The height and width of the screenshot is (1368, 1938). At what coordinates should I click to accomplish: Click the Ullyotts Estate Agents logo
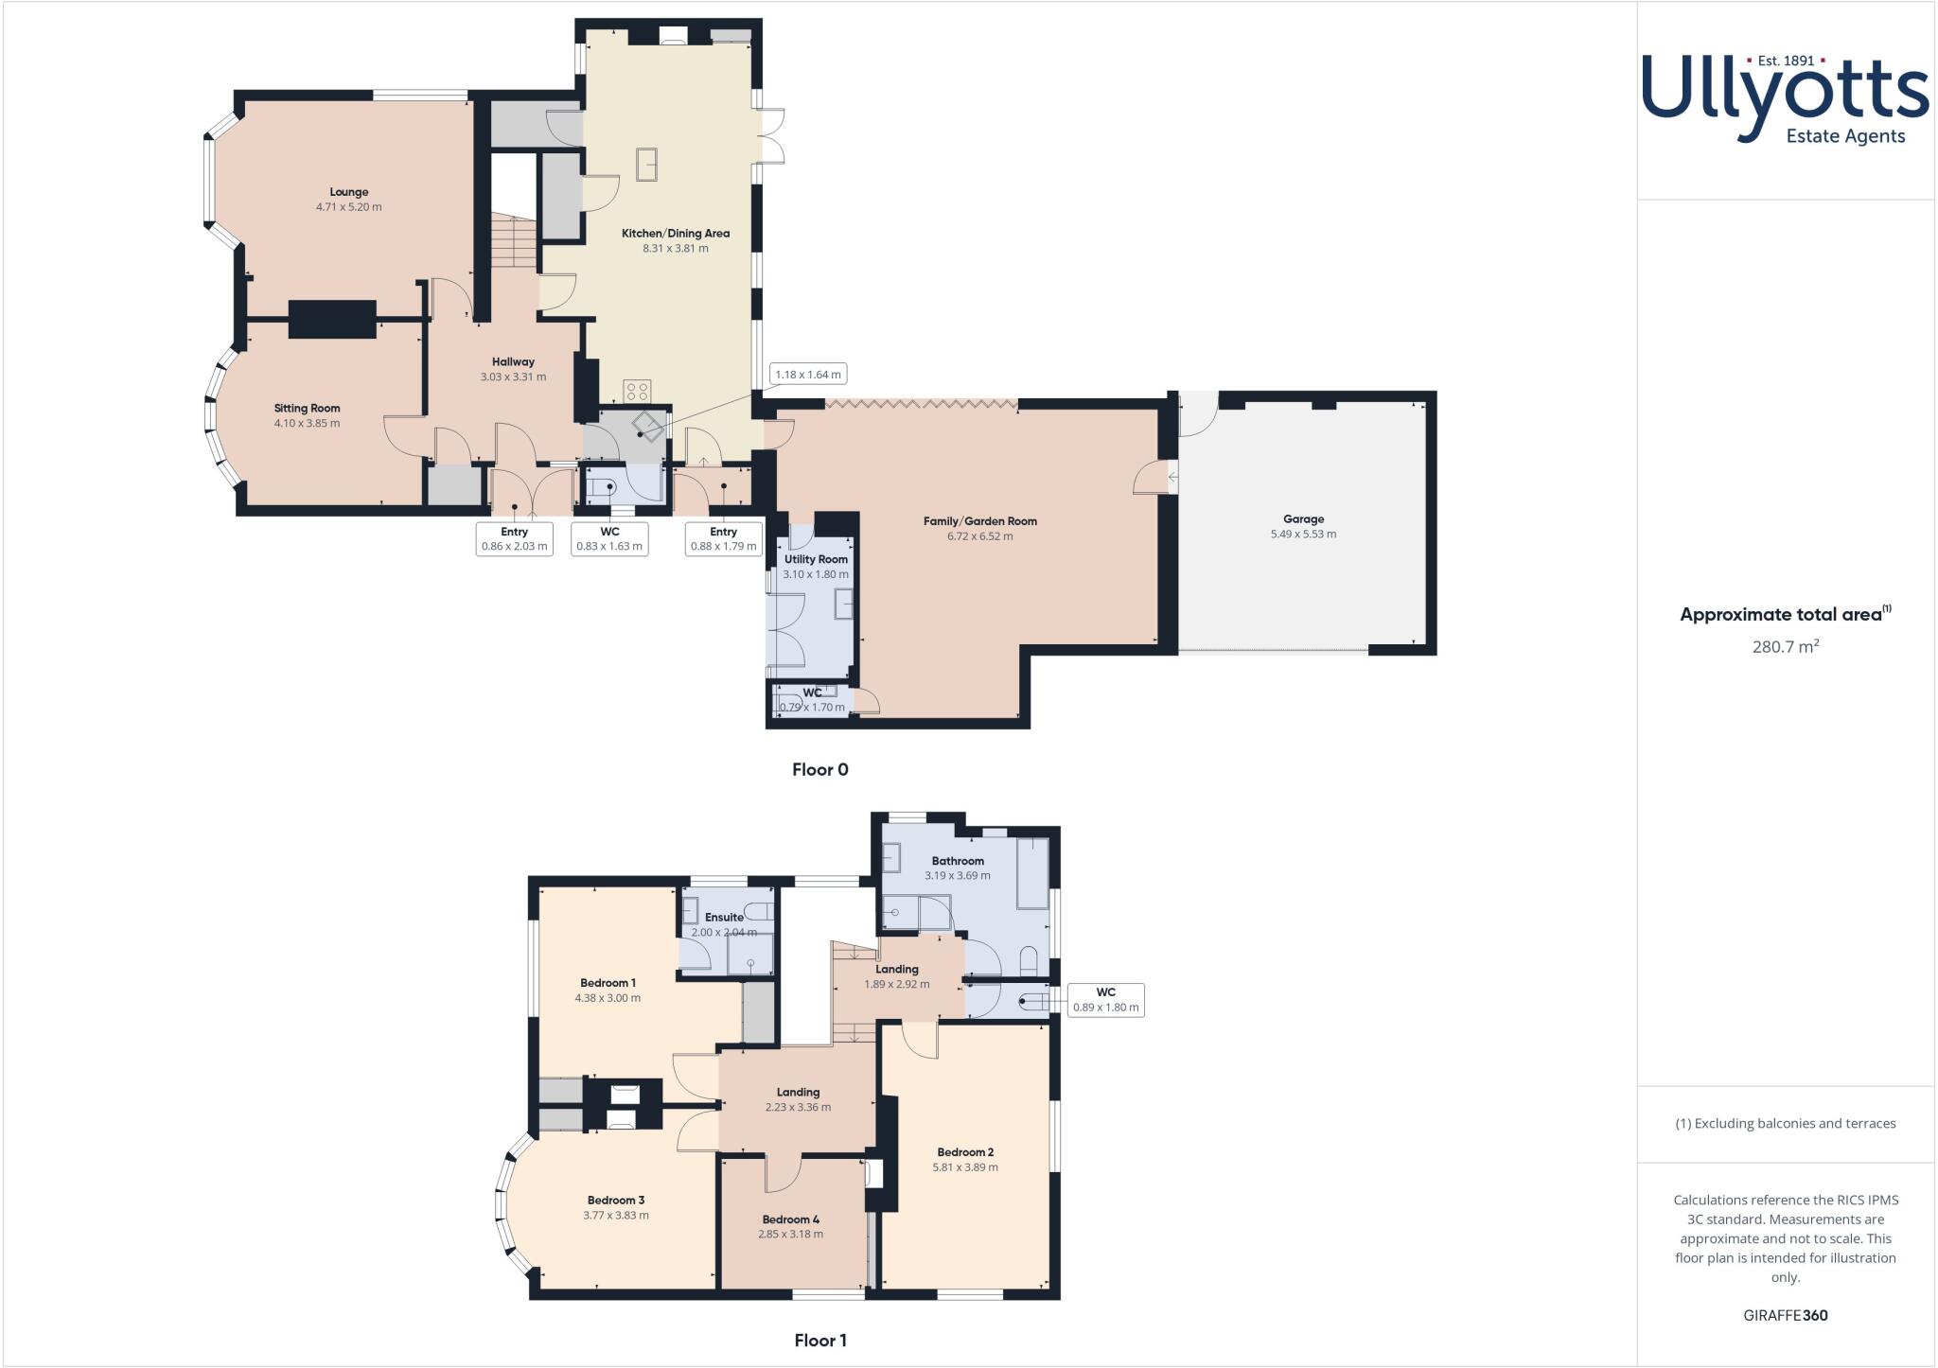[1785, 97]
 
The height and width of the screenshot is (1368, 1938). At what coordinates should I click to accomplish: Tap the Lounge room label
[349, 192]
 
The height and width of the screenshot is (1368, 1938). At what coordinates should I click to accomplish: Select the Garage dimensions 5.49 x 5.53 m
[1303, 535]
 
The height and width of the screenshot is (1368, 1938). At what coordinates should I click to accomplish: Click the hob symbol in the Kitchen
[637, 391]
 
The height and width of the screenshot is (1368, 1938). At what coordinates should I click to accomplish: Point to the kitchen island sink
[647, 164]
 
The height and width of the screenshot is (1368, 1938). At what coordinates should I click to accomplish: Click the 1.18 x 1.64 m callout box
[807, 375]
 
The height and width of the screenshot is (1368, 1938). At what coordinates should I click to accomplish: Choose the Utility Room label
[816, 559]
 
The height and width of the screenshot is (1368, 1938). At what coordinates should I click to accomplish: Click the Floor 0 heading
[819, 770]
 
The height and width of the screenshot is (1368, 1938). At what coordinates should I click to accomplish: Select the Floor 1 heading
[819, 1341]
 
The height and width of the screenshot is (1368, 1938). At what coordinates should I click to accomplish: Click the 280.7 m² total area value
[1785, 647]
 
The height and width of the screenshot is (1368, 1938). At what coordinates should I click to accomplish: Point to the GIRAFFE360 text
[1785, 1315]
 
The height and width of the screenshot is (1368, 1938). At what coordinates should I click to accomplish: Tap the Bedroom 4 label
[790, 1219]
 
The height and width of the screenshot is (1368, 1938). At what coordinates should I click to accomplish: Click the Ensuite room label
[724, 917]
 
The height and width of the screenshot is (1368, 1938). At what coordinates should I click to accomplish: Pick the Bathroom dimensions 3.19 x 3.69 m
[957, 876]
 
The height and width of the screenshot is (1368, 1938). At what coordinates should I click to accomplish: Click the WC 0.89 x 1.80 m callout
[1105, 1000]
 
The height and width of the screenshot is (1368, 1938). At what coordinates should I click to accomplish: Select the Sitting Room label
[307, 409]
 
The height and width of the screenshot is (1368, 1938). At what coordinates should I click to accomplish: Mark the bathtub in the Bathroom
[1032, 873]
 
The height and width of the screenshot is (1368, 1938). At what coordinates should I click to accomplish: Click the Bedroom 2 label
[965, 1152]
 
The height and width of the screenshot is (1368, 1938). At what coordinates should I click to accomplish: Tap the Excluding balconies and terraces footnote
[1785, 1124]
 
